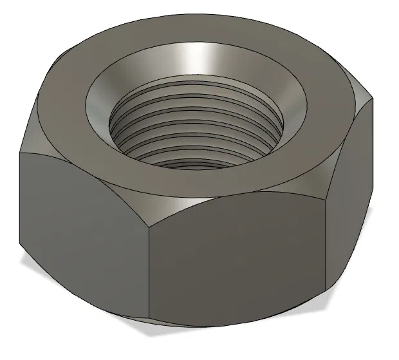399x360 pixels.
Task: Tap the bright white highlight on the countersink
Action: pyautogui.click(x=196, y=61)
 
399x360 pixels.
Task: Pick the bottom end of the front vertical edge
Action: pyautogui.click(x=150, y=320)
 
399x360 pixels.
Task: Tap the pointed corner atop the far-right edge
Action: pyautogui.click(x=372, y=100)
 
